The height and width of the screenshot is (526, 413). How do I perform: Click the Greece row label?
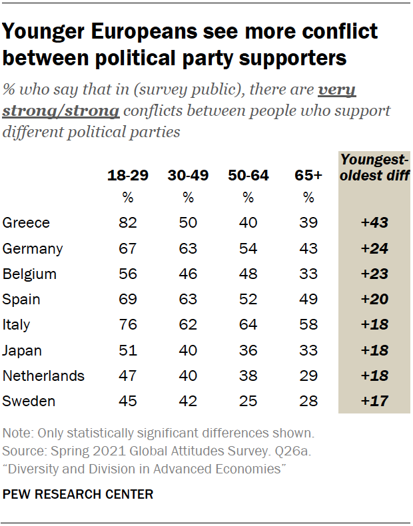click(x=27, y=223)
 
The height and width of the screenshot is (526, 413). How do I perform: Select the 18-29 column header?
click(x=128, y=176)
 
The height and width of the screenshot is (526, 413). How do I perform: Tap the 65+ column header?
click(x=308, y=176)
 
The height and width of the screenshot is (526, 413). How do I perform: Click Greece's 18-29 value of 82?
click(x=128, y=223)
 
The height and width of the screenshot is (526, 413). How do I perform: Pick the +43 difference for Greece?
click(x=374, y=223)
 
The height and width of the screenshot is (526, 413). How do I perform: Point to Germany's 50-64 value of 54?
click(x=248, y=248)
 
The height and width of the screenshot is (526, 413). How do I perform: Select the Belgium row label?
click(x=29, y=274)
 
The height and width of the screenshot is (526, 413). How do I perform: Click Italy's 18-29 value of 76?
click(x=128, y=325)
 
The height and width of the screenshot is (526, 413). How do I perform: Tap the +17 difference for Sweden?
click(x=374, y=401)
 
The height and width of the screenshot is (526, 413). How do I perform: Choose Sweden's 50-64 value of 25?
click(x=248, y=401)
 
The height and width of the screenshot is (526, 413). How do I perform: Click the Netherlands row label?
click(x=44, y=376)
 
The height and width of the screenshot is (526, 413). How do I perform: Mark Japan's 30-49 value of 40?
click(x=189, y=350)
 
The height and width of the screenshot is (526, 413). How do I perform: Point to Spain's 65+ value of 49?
click(x=308, y=300)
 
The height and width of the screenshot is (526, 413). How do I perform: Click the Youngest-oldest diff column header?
click(x=374, y=167)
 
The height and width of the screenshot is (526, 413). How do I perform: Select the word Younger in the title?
click(x=45, y=31)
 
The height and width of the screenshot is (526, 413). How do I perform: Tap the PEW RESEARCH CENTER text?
click(x=78, y=495)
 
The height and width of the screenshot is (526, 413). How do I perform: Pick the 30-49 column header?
click(x=189, y=176)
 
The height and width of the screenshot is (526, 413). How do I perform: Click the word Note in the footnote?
click(x=16, y=433)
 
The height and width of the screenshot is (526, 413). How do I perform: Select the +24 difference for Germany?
click(x=374, y=248)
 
